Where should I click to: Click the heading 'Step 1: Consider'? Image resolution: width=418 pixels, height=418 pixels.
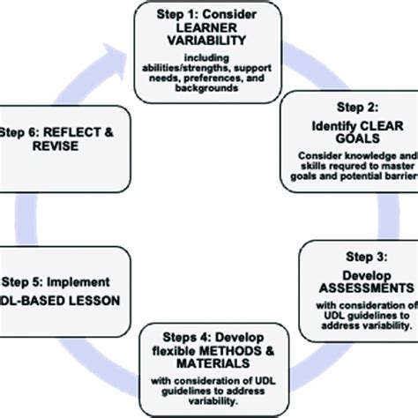209,16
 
